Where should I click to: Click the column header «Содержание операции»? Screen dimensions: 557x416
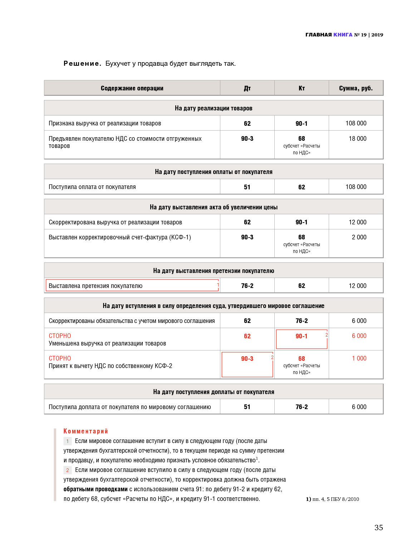click(x=132, y=88)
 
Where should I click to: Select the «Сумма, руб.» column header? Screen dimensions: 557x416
click(x=356, y=88)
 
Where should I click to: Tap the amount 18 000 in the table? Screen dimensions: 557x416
click(x=357, y=139)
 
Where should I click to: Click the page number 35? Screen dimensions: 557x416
click(x=378, y=527)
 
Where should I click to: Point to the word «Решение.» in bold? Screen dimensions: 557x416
click(x=82, y=64)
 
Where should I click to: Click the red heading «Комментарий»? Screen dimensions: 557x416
click(x=85, y=431)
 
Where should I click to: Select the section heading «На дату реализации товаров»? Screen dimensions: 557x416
click(x=214, y=108)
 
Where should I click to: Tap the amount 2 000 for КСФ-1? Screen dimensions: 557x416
click(x=359, y=237)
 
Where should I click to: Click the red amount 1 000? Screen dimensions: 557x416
click(x=359, y=358)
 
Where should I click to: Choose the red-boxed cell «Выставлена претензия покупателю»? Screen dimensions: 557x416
click(x=132, y=285)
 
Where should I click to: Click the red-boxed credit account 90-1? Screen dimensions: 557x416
click(x=302, y=338)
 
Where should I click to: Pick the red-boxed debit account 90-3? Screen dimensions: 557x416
click(x=247, y=364)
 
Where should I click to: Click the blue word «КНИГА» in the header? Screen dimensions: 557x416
click(x=343, y=35)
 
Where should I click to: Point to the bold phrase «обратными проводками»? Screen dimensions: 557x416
click(x=96, y=489)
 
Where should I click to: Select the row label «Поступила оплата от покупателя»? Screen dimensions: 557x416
click(x=92, y=187)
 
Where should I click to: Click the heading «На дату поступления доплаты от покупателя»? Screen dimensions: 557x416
click(x=214, y=392)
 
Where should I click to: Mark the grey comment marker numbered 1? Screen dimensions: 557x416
click(x=67, y=441)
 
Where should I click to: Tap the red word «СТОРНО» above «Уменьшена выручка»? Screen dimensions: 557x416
click(x=60, y=336)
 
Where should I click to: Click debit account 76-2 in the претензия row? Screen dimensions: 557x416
click(x=247, y=286)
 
